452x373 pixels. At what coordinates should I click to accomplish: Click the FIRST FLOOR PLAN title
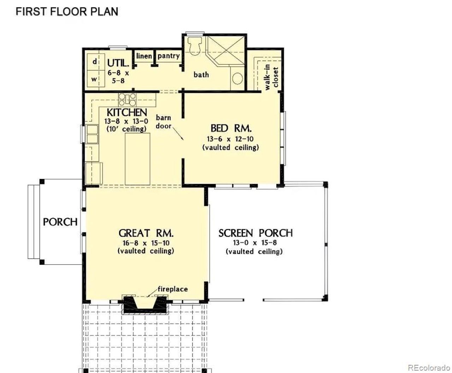click(x=67, y=11)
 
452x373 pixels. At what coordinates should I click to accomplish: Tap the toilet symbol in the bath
click(x=195, y=45)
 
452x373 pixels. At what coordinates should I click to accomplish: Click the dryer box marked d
click(x=94, y=61)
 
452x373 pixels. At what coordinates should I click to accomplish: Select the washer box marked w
click(x=94, y=79)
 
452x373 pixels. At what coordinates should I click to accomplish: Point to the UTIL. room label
click(x=118, y=63)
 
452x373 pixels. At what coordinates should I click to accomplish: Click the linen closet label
click(x=144, y=56)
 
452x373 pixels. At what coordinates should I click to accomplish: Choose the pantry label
click(x=168, y=56)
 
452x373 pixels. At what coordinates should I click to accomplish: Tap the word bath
click(x=201, y=75)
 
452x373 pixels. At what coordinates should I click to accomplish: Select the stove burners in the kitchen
click(x=127, y=99)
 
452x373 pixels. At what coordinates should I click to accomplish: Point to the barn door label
click(x=163, y=122)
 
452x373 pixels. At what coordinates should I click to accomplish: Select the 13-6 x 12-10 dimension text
click(x=230, y=139)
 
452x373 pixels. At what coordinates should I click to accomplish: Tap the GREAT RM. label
click(x=146, y=233)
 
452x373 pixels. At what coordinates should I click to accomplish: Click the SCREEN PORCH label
click(x=255, y=233)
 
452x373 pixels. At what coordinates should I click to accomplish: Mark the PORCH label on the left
click(x=60, y=222)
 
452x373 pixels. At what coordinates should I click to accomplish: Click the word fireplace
click(x=173, y=289)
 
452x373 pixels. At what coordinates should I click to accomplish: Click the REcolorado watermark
click(x=429, y=368)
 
